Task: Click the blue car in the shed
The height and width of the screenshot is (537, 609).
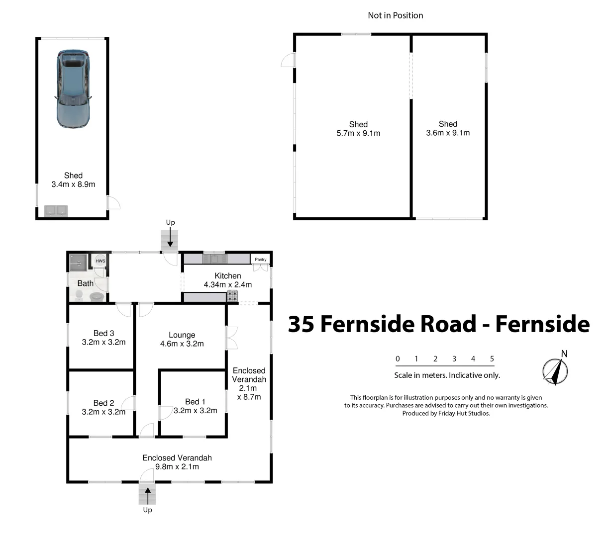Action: pos(73,89)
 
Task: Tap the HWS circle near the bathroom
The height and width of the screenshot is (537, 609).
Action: pos(100,261)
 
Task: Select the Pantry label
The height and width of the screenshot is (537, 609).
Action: pos(260,260)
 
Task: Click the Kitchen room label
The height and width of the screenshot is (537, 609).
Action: pos(227,275)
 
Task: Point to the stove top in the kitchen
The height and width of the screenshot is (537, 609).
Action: pos(232,296)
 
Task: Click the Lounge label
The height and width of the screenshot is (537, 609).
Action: pos(182,335)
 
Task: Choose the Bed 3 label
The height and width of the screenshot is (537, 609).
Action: pos(103,333)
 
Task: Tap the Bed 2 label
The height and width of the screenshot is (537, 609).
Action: pos(103,403)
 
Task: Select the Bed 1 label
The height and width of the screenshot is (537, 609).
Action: pos(195,401)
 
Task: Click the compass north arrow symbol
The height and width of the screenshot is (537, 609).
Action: pos(555,371)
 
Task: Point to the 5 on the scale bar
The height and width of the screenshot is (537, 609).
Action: pos(492,358)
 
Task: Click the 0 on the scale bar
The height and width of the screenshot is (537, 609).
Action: pos(398,358)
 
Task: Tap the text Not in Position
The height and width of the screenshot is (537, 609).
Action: pos(395,15)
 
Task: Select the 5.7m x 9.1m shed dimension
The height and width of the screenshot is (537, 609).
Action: pos(358,133)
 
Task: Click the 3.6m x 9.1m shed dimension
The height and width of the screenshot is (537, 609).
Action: pos(448,133)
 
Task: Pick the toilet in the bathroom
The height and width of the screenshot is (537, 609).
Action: pos(79,295)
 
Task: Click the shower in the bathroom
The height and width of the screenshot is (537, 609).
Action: pos(79,263)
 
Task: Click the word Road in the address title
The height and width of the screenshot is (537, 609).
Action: pos(448,324)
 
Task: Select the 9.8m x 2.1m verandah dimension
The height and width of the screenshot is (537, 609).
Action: pos(177,467)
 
